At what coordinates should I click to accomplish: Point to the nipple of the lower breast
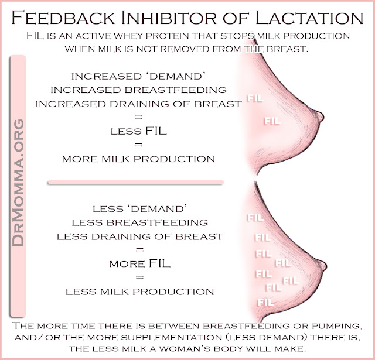click(x=322, y=262)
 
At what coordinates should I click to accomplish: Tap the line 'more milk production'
click(x=139, y=158)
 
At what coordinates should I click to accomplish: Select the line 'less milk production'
click(x=139, y=291)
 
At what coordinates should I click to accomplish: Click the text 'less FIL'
click(x=139, y=131)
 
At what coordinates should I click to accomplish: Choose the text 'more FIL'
click(x=139, y=264)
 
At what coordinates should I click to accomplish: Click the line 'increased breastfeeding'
click(x=139, y=90)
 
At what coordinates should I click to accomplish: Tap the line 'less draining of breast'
click(x=139, y=236)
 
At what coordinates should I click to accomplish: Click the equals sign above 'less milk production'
click(x=139, y=277)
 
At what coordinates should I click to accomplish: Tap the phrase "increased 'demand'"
click(x=139, y=77)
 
